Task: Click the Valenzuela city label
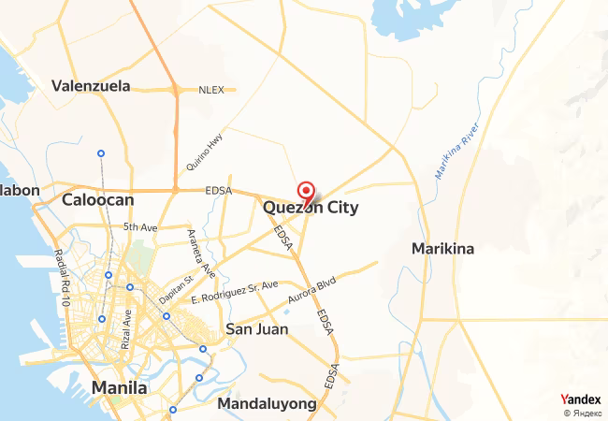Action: tap(90, 86)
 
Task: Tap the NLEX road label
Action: tap(211, 90)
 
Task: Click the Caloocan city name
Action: tap(98, 199)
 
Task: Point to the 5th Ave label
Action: tap(140, 226)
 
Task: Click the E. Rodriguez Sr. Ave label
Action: tap(234, 291)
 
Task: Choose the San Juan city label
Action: tap(257, 329)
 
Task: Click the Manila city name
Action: tap(119, 387)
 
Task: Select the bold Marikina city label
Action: tap(443, 249)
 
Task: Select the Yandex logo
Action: tap(581, 399)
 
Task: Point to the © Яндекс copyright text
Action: tap(583, 413)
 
